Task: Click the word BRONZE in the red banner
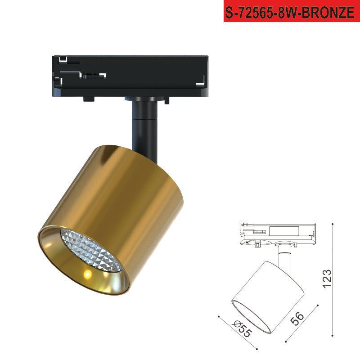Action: click(x=328, y=12)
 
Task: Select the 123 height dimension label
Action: click(x=327, y=279)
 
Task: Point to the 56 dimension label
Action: click(x=297, y=319)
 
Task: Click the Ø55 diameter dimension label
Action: click(x=242, y=329)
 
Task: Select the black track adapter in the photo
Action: click(x=130, y=77)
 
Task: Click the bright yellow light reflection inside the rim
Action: click(x=88, y=274)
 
